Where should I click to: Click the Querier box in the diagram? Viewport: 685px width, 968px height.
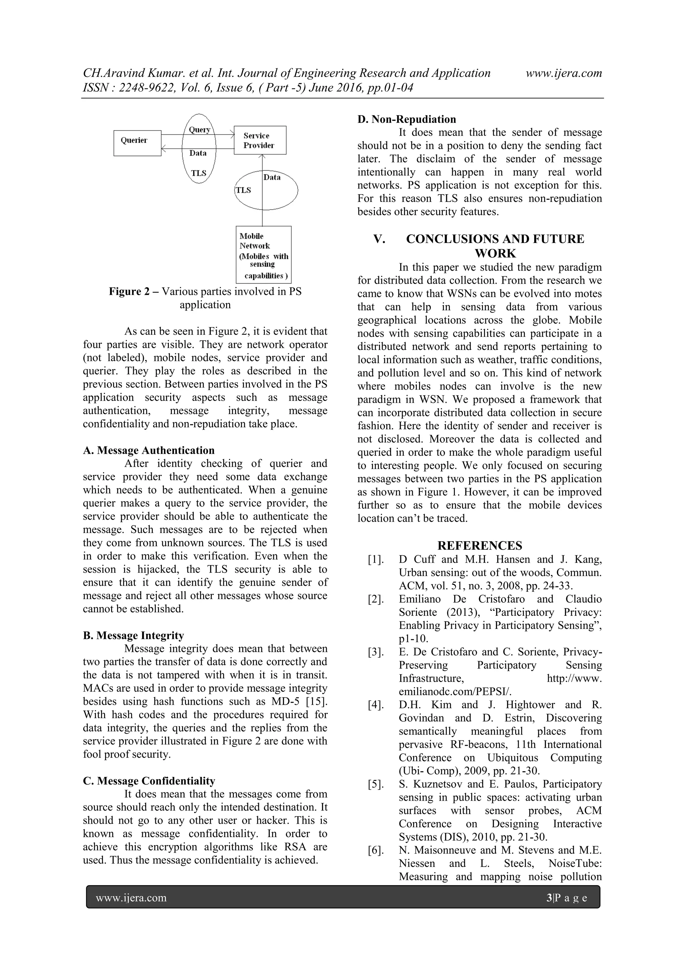[x=137, y=143]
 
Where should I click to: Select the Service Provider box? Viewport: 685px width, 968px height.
[x=260, y=140]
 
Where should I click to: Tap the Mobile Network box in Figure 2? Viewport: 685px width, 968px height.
[x=263, y=255]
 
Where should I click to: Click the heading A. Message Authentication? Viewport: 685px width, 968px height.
[x=149, y=450]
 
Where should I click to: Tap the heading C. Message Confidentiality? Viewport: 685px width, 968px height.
[x=149, y=781]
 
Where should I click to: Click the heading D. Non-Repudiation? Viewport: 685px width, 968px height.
[x=406, y=119]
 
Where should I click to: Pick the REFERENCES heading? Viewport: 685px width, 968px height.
[x=479, y=546]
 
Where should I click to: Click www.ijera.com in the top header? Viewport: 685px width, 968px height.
[x=564, y=73]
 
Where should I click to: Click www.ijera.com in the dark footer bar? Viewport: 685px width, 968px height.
[x=131, y=897]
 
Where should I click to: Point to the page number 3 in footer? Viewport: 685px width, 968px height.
[x=549, y=897]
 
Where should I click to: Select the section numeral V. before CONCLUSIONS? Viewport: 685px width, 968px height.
[x=379, y=239]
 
